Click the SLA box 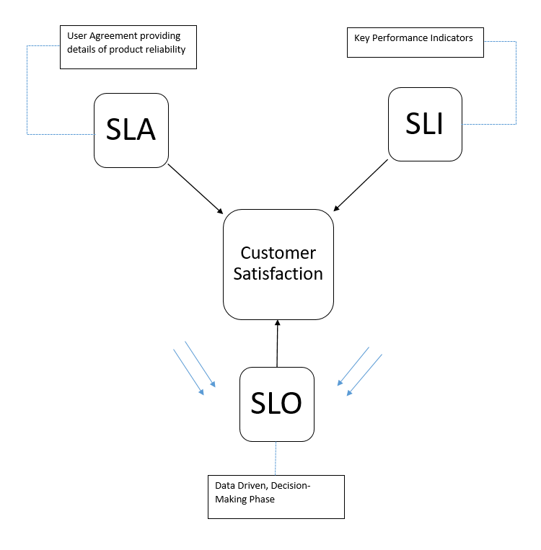131,130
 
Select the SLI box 425,124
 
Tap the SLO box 276,404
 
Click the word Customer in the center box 278,253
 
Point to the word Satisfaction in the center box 278,274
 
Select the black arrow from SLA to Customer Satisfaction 195,189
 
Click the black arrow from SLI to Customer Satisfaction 361,185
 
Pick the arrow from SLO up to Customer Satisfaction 277,343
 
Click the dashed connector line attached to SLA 27,90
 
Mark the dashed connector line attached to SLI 516,83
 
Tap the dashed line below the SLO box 276,458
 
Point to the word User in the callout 76,35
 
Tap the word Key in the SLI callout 361,37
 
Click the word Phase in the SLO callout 260,498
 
